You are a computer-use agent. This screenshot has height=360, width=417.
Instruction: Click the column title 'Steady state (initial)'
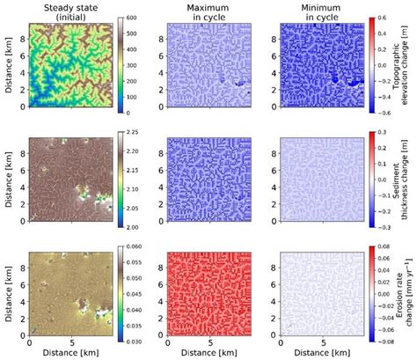(69, 11)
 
